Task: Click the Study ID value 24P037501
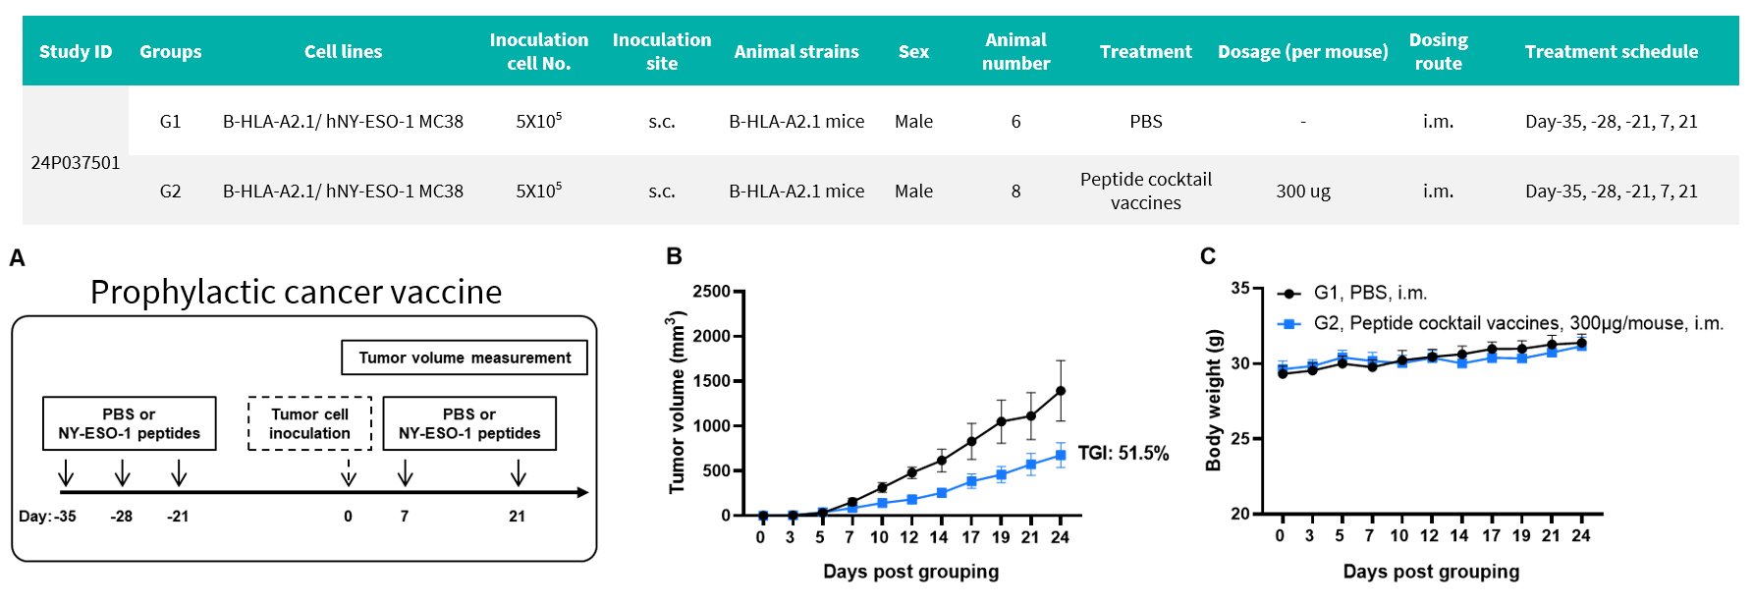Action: click(x=76, y=163)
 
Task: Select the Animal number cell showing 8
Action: click(x=1015, y=192)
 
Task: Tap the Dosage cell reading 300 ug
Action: click(x=1302, y=192)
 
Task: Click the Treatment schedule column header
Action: click(x=1611, y=52)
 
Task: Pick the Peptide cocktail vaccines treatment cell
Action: click(x=1145, y=192)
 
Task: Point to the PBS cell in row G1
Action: click(x=1145, y=122)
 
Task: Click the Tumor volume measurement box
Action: click(x=464, y=357)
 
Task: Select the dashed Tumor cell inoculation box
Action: click(x=309, y=423)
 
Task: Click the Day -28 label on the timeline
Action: click(x=121, y=517)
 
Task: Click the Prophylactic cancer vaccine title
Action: click(x=296, y=293)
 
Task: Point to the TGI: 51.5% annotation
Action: click(x=1123, y=454)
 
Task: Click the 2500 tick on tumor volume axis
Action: click(x=711, y=292)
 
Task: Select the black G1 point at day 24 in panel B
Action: click(x=1061, y=391)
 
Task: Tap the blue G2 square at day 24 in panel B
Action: click(x=1061, y=455)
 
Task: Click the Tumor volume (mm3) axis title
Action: click(x=677, y=403)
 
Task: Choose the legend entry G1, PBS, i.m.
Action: click(x=1369, y=293)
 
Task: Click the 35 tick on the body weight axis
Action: click(x=1240, y=289)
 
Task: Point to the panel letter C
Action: click(x=1208, y=257)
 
